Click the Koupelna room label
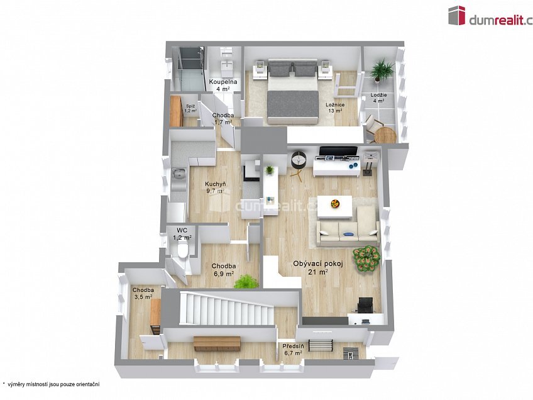pos(223,82)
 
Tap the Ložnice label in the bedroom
pos(335,105)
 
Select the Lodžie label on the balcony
pos(378,95)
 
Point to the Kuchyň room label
pos(216,184)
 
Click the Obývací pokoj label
pos(318,264)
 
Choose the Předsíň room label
pos(293,347)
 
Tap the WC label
pos(182,230)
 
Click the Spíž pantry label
pos(190,106)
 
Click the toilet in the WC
pos(182,250)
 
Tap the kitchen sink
pos(179,174)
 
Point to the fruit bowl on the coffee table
pos(335,204)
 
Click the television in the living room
pos(338,152)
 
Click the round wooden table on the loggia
pos(385,135)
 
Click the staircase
pos(226,309)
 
